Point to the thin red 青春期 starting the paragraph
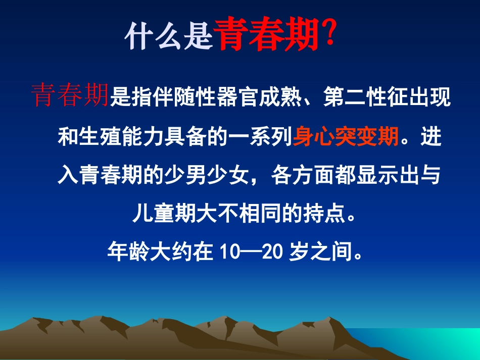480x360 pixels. (x=70, y=95)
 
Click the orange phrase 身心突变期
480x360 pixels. (x=346, y=136)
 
